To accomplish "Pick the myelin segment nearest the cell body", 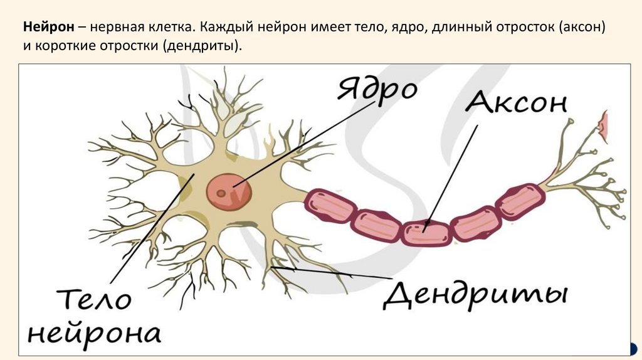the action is (x=330, y=205).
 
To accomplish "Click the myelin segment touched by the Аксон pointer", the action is (x=426, y=233).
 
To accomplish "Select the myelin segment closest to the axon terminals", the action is (x=520, y=200).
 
